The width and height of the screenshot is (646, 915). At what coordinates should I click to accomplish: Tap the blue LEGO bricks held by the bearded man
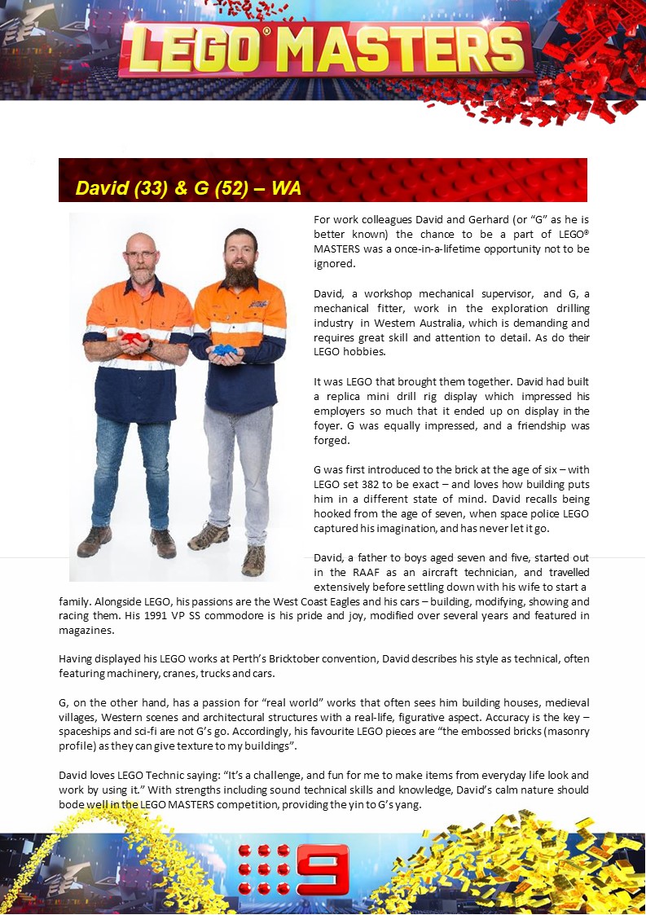coord(226,350)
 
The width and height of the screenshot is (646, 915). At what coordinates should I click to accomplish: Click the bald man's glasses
coord(141,255)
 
